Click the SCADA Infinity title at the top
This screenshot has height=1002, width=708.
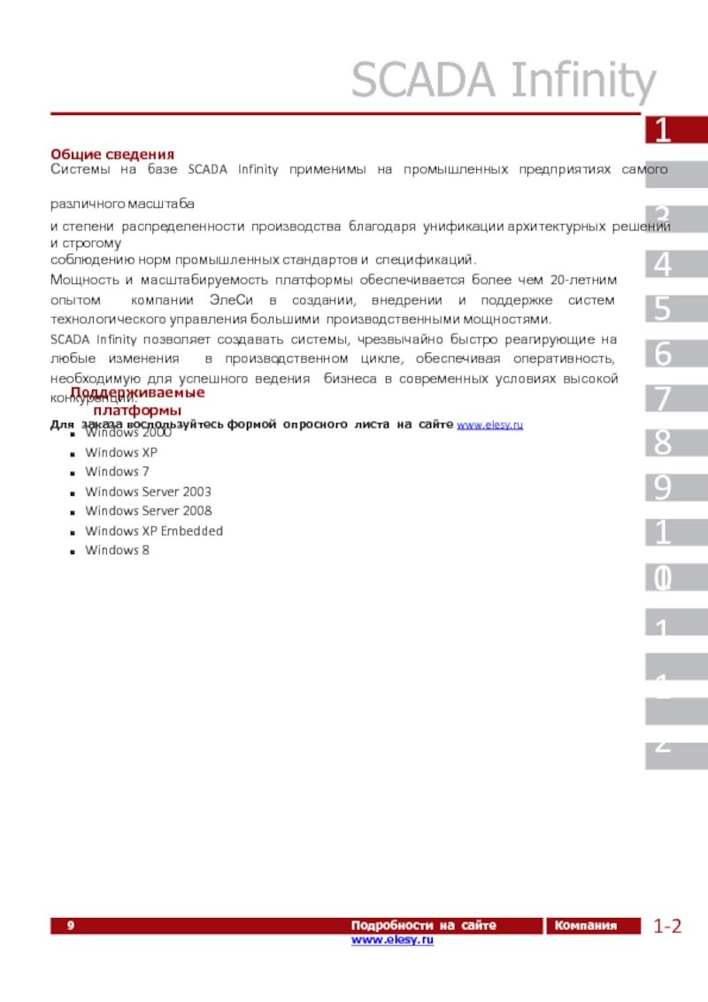(504, 81)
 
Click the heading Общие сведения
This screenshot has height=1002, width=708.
(112, 154)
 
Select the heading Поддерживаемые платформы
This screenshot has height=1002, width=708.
(138, 401)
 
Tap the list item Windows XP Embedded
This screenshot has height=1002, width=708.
(154, 531)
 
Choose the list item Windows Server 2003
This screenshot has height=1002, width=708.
(148, 491)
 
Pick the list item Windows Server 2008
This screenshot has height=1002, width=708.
(148, 511)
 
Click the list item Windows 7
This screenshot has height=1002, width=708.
(117, 472)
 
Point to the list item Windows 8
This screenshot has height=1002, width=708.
(117, 551)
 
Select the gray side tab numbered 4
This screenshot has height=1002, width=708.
(675, 264)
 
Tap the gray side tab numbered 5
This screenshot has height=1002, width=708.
(675, 309)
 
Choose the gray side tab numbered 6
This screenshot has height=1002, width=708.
(675, 353)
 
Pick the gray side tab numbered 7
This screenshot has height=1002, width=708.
(675, 398)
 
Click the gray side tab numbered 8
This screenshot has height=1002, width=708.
(675, 443)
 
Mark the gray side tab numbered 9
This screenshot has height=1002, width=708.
(675, 488)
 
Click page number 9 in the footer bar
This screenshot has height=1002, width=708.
(70, 926)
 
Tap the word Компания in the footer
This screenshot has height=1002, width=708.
(584, 926)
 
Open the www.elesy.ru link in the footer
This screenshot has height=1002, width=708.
(392, 939)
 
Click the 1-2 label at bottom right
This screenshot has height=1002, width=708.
(668, 927)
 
